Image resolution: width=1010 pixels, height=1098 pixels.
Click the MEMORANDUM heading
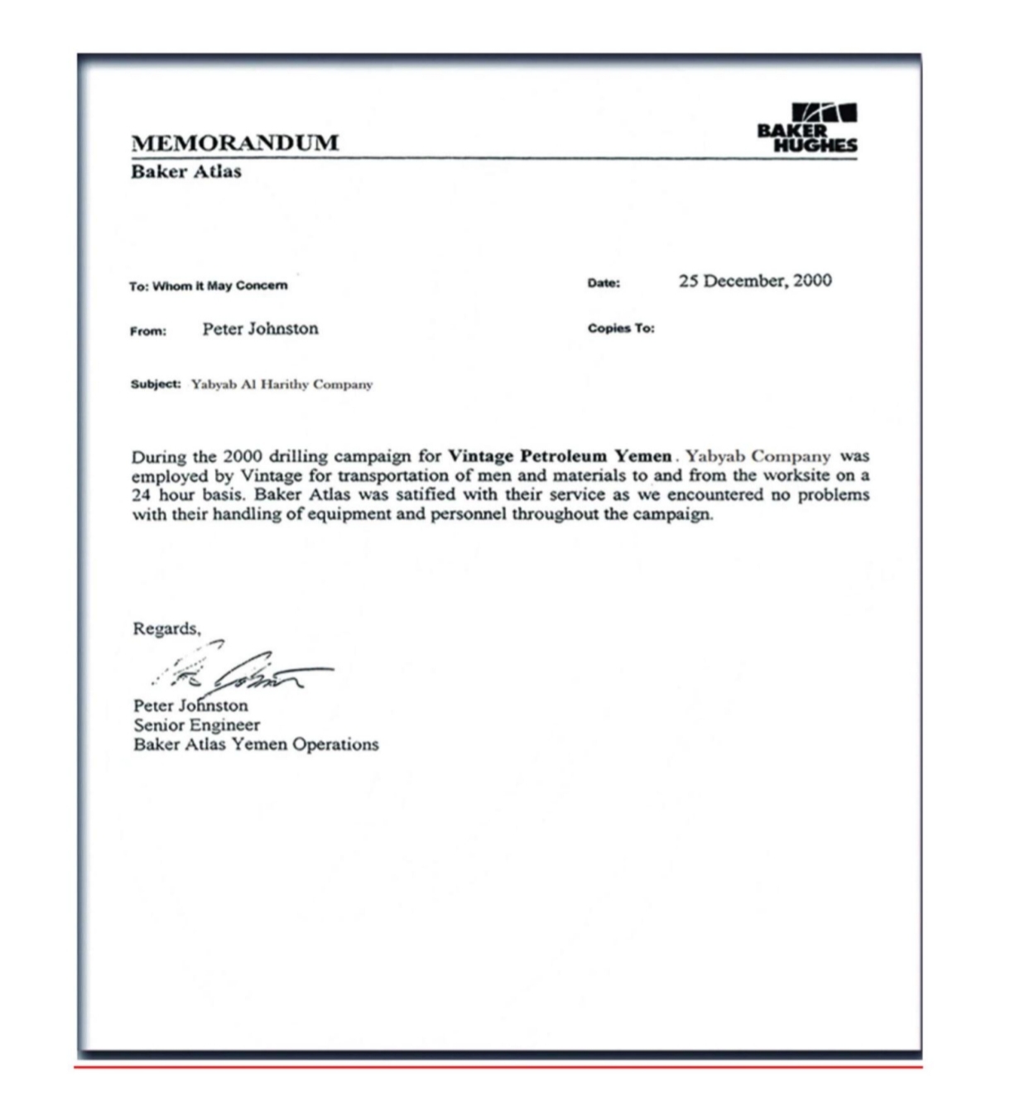pyautogui.click(x=234, y=142)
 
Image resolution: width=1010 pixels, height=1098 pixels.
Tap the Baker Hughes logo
pyautogui.click(x=807, y=128)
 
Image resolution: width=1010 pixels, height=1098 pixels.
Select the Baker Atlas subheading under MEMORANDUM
pyautogui.click(x=186, y=171)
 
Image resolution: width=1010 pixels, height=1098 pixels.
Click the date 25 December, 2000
pyautogui.click(x=755, y=281)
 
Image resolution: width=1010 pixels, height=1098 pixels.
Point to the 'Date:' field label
pyautogui.click(x=604, y=283)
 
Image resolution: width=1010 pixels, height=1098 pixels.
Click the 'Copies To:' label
pyautogui.click(x=621, y=328)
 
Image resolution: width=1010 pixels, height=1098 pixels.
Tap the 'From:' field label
pyautogui.click(x=148, y=331)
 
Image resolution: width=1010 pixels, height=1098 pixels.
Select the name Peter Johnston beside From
pyautogui.click(x=260, y=329)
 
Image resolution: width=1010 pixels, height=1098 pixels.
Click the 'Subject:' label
pyautogui.click(x=156, y=384)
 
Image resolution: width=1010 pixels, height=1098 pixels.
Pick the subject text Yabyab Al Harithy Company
pyautogui.click(x=282, y=384)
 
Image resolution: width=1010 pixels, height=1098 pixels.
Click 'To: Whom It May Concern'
pyautogui.click(x=209, y=286)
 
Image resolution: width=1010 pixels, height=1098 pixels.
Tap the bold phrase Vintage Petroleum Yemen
pyautogui.click(x=560, y=456)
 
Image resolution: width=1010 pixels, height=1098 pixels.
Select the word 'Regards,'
pyautogui.click(x=166, y=628)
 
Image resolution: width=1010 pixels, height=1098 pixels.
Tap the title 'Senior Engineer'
pyautogui.click(x=197, y=725)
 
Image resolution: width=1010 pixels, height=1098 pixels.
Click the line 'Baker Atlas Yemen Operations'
pyautogui.click(x=256, y=744)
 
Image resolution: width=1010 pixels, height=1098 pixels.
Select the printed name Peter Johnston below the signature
pyautogui.click(x=190, y=706)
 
